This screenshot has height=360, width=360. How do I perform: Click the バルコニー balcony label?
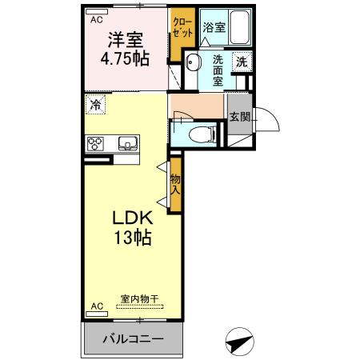(133, 339)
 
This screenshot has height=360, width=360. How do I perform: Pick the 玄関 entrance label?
(239, 117)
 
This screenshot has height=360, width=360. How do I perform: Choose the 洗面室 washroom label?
(218, 70)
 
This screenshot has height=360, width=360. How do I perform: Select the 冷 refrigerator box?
(96, 104)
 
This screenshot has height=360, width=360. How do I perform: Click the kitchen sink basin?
(127, 144)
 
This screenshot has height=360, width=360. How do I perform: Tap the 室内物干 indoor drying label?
(139, 299)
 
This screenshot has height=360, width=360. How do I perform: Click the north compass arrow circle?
(238, 342)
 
